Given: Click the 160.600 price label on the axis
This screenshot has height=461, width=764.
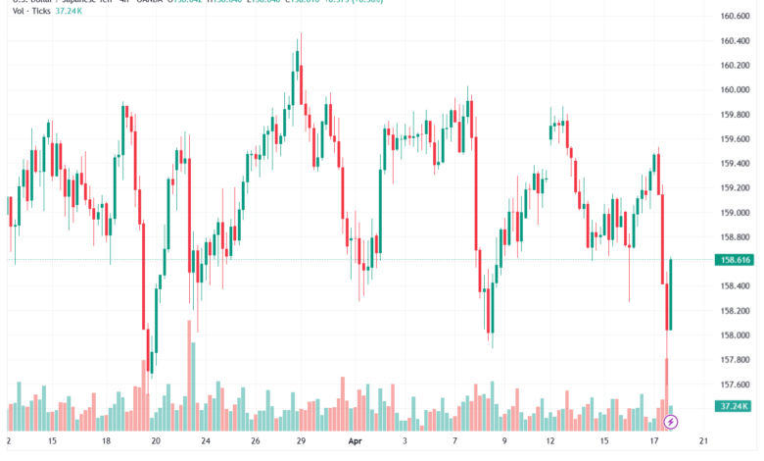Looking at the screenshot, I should [735, 17].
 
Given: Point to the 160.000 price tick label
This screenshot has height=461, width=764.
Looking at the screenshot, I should [735, 90].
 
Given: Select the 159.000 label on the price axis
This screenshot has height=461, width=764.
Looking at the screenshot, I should [735, 213].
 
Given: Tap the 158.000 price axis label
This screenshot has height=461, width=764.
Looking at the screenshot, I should [735, 335].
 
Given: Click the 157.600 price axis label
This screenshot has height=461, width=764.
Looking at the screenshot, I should [735, 384].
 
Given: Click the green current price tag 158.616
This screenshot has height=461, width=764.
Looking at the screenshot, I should [734, 260].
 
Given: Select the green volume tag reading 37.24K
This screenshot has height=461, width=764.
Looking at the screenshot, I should [734, 406].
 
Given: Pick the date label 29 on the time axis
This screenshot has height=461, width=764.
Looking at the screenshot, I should [302, 442].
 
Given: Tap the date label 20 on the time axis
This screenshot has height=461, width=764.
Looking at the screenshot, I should [156, 442].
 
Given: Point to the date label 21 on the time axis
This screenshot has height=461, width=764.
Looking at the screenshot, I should [704, 442].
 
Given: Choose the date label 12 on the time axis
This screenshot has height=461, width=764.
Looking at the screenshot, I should [550, 442].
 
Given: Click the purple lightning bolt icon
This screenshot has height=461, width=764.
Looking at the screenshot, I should [671, 422].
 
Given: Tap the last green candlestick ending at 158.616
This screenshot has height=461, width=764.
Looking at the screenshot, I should [671, 294].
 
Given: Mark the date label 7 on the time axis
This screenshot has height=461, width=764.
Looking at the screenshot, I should [454, 442].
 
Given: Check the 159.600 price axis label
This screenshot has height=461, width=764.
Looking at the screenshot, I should [735, 139].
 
